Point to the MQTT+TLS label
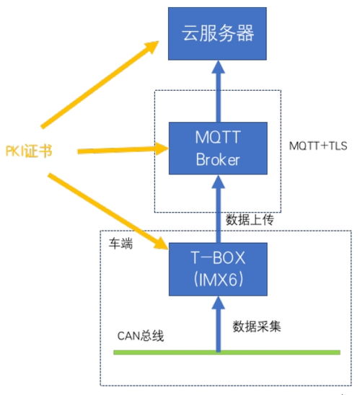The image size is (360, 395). click(x=317, y=146)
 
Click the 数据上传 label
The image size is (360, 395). click(x=248, y=219)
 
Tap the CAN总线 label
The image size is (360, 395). click(x=141, y=336)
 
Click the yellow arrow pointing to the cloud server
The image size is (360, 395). click(x=101, y=83)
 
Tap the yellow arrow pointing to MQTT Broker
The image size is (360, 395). click(x=115, y=151)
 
